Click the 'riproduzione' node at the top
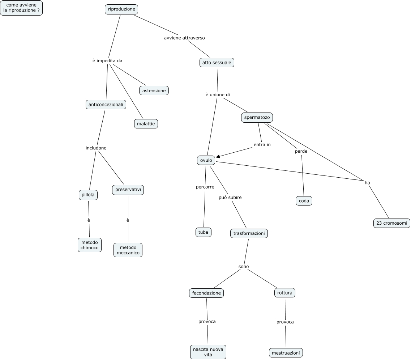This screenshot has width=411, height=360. (121, 9)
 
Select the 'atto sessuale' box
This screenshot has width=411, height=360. (217, 63)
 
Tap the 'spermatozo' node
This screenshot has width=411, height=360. (257, 117)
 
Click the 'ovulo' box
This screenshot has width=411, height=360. (206, 160)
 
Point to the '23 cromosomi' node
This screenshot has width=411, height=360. (391, 223)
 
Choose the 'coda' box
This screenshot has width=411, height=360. (304, 200)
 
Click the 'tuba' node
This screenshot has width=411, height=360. (203, 232)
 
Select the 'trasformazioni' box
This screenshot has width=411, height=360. (249, 233)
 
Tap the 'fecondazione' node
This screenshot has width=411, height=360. (206, 293)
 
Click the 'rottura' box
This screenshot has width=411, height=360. (285, 293)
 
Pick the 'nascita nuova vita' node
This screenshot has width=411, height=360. (208, 352)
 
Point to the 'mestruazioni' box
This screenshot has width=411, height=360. (286, 352)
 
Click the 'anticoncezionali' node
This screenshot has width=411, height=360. (106, 105)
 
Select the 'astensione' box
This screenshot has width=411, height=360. (154, 90)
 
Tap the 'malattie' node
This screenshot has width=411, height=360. (146, 124)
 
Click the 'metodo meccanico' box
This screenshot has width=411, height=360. (128, 250)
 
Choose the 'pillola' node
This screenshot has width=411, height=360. (88, 195)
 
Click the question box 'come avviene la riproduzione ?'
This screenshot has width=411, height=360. (21, 8)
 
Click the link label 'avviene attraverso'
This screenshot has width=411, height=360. (184, 38)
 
